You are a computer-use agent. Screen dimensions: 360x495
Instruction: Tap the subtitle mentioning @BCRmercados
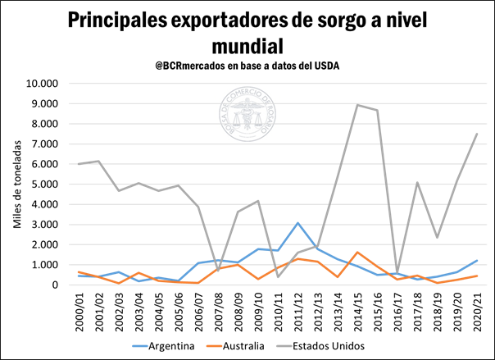click(x=247, y=64)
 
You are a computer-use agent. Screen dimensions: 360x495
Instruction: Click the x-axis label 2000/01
click(x=79, y=312)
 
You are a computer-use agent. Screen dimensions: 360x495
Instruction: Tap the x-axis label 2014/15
click(x=358, y=312)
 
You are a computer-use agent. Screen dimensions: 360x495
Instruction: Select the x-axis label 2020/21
click(x=477, y=312)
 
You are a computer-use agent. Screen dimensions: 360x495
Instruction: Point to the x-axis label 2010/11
click(x=279, y=312)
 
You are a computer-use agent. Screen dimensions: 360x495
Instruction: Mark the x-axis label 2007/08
click(x=219, y=312)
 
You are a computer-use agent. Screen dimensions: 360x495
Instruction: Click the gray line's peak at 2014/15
click(x=357, y=105)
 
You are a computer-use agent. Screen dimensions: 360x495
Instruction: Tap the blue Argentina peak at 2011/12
click(x=297, y=223)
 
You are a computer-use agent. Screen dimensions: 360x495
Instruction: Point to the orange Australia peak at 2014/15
click(x=357, y=253)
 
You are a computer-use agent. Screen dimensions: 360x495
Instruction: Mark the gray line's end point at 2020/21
click(x=477, y=134)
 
